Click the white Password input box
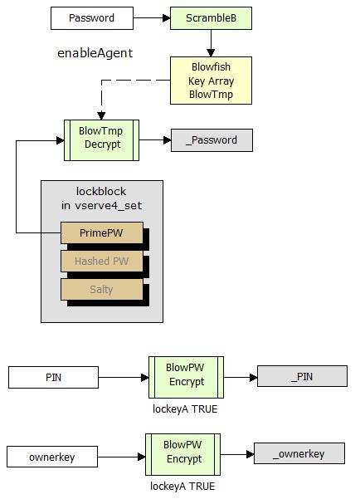point(92,18)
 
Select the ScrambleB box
point(211,18)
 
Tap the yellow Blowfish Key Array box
point(211,81)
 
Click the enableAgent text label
point(95,53)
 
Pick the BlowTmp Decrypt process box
point(101,140)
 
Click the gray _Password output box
point(212,140)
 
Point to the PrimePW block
point(102,232)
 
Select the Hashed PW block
point(102,261)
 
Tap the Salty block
point(102,289)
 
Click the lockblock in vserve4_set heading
point(101,198)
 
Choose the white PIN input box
point(53,378)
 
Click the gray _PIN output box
point(302,376)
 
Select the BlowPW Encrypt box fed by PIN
point(186,377)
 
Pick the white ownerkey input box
point(52,457)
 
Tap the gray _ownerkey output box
point(299,453)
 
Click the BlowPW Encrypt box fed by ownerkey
point(182,454)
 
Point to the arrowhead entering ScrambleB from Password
point(167,18)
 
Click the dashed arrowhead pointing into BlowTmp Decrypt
point(101,115)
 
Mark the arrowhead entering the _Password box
point(168,140)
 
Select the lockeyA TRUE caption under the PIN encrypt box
point(185,409)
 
